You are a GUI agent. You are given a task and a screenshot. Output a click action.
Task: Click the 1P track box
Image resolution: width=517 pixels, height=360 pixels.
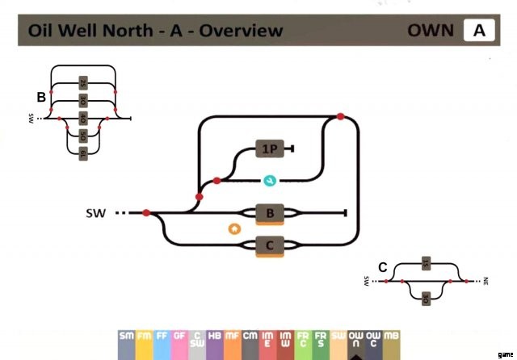pyautogui.click(x=268, y=149)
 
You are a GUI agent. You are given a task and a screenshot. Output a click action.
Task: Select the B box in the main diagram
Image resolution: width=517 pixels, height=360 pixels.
pyautogui.click(x=269, y=213)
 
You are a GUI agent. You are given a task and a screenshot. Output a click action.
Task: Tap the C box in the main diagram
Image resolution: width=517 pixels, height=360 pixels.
pyautogui.click(x=269, y=245)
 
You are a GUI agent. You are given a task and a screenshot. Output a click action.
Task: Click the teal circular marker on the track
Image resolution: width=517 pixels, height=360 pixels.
pyautogui.click(x=270, y=180)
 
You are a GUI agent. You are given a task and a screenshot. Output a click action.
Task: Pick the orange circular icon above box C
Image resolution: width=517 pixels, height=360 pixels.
pyautogui.click(x=234, y=228)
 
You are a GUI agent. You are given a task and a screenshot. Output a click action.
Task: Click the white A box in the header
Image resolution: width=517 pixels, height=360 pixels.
pyautogui.click(x=478, y=31)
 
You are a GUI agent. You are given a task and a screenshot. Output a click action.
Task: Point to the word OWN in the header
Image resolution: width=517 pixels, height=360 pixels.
pyautogui.click(x=431, y=31)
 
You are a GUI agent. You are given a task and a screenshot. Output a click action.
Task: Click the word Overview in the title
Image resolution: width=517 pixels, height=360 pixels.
pyautogui.click(x=242, y=31)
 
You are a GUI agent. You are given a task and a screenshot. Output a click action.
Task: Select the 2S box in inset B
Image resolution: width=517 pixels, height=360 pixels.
pyautogui.click(x=82, y=82)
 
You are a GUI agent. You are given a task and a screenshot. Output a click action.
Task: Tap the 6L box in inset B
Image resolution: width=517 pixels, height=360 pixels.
pyautogui.click(x=82, y=153)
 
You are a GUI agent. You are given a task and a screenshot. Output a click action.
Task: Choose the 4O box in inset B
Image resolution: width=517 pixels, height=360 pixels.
pyautogui.click(x=82, y=119)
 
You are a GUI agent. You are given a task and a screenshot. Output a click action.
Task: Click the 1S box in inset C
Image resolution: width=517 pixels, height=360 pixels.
pyautogui.click(x=425, y=264)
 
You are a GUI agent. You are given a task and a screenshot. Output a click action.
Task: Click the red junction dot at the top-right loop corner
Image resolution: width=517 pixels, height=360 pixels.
pyautogui.click(x=340, y=117)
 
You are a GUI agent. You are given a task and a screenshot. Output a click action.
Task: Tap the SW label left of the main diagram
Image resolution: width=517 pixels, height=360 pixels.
pyautogui.click(x=95, y=213)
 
